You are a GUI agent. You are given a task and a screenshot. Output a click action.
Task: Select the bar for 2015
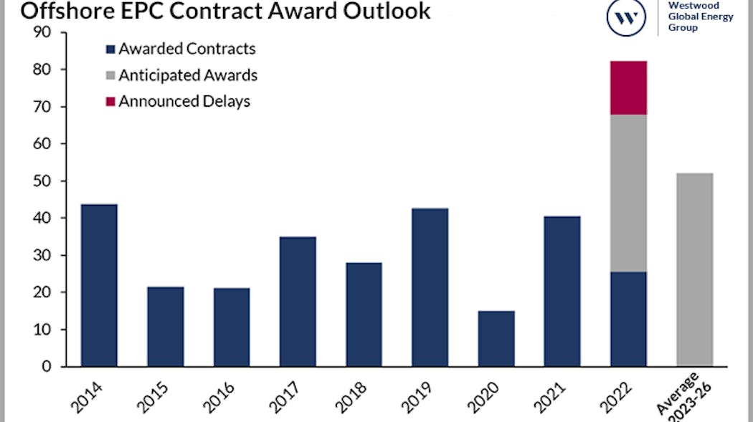(x=165, y=327)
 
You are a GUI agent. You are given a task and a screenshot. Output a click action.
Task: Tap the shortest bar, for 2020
(x=496, y=338)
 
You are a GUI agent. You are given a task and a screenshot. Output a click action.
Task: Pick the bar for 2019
(x=430, y=287)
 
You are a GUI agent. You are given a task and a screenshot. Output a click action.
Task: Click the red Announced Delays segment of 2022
(x=628, y=87)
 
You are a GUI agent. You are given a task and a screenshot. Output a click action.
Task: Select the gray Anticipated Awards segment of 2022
(x=628, y=193)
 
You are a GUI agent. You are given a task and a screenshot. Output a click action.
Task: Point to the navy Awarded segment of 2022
(x=628, y=319)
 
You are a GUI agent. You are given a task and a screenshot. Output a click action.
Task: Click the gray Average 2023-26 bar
(x=694, y=269)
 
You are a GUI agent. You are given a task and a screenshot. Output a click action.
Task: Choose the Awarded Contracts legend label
(x=187, y=49)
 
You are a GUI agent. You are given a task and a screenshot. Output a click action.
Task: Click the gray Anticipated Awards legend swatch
(x=110, y=75)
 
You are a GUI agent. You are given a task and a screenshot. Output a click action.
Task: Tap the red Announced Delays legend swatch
(x=110, y=102)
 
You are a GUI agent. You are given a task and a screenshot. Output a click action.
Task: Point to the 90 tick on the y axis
(x=43, y=32)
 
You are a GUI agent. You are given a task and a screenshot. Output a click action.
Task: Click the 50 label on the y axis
(x=43, y=181)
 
